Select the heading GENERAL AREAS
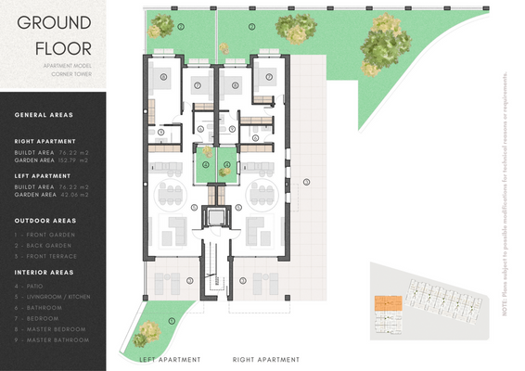tap(45, 115)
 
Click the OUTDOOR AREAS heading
tap(45, 221)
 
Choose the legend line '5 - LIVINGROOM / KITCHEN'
tap(52, 297)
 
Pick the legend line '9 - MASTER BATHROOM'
tap(52, 340)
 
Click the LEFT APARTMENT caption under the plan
tap(170, 359)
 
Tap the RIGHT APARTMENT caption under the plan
tap(266, 359)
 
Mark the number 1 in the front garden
tap(172, 321)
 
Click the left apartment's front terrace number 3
tap(190, 279)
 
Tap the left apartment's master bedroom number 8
tap(163, 77)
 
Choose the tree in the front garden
tap(148, 330)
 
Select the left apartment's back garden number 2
tap(182, 26)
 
